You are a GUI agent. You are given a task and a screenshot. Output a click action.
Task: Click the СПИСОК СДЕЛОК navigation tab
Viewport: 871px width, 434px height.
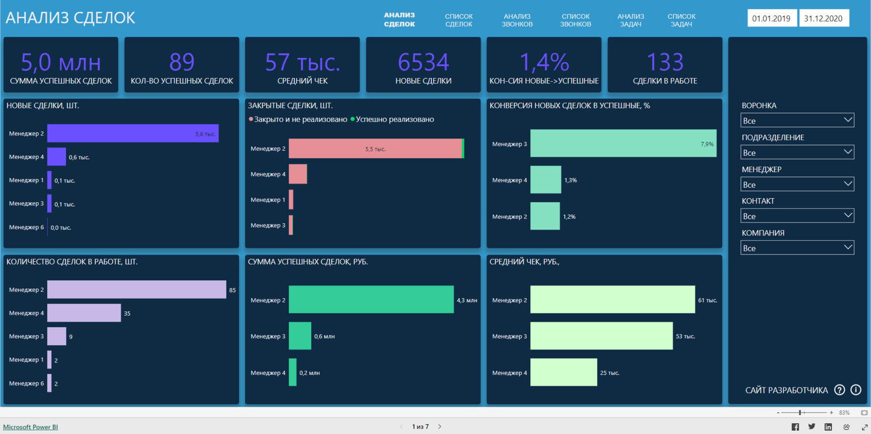pos(459,20)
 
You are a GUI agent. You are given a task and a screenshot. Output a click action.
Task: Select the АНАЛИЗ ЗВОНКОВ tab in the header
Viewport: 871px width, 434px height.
pos(517,20)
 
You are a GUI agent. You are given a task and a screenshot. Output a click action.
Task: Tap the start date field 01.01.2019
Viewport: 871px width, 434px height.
pos(771,18)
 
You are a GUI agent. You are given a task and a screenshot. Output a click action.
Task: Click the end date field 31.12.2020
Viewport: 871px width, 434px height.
pos(823,18)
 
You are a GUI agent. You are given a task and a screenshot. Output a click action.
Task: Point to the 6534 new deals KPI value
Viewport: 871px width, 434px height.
pos(423,63)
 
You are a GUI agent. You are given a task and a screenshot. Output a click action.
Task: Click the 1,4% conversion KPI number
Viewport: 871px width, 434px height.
pos(544,63)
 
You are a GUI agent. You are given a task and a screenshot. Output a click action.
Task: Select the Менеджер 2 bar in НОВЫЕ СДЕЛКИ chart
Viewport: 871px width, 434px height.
pos(133,133)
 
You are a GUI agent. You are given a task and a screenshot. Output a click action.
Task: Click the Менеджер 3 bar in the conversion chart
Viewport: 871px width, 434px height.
pos(623,144)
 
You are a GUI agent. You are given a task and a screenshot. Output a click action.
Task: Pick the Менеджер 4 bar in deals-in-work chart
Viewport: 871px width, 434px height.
pos(84,313)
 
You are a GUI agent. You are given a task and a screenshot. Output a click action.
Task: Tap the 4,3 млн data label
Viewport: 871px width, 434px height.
pos(467,300)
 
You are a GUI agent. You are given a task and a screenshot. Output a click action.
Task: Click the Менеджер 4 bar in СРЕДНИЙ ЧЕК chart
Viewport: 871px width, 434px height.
pos(564,372)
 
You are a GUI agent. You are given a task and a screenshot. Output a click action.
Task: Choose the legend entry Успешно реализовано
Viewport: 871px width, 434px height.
pos(395,119)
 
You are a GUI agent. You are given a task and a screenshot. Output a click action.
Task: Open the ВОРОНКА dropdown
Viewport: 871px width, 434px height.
pos(797,120)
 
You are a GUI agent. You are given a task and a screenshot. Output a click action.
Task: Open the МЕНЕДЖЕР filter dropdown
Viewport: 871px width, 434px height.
pos(797,184)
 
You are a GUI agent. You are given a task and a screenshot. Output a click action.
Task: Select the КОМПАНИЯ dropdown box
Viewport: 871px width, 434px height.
pos(797,248)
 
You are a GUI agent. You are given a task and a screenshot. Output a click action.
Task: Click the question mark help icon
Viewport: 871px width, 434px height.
pos(839,390)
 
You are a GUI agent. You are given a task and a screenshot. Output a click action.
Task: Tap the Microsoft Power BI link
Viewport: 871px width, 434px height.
pos(31,427)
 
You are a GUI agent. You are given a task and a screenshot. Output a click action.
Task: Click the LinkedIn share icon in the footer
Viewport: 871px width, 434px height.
pos(828,427)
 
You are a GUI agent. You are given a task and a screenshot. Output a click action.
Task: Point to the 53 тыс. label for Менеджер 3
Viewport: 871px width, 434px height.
pos(685,337)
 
